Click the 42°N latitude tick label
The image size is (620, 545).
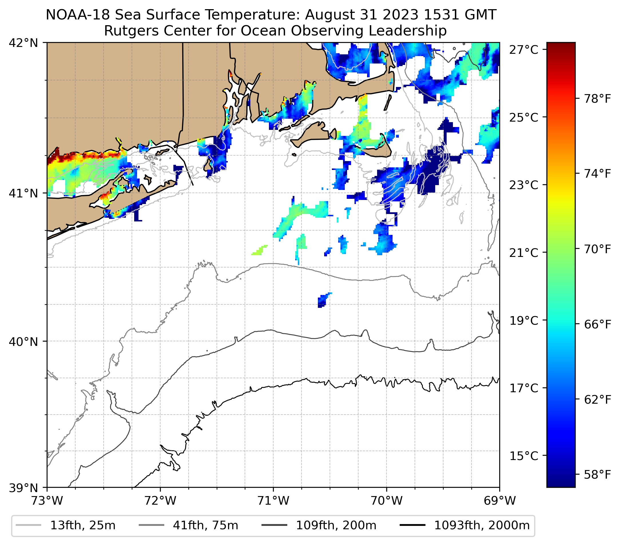click(x=23, y=43)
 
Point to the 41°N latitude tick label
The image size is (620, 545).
click(x=23, y=193)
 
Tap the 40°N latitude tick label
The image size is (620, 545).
click(x=23, y=342)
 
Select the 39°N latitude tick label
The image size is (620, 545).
click(x=23, y=488)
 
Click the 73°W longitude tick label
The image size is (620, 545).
click(x=47, y=501)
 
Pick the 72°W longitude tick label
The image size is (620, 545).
click(x=160, y=501)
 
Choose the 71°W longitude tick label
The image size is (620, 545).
click(x=273, y=501)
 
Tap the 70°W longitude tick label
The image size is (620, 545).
click(x=387, y=501)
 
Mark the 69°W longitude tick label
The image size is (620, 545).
click(x=500, y=501)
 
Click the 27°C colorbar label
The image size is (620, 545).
click(x=524, y=50)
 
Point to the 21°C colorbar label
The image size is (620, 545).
click(x=524, y=253)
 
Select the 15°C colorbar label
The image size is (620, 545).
click(x=524, y=456)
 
